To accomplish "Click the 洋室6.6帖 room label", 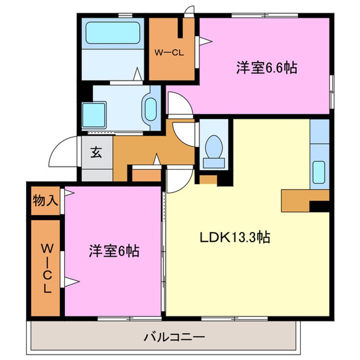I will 266,68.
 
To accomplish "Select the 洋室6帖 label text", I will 114,250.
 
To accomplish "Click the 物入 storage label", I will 45,201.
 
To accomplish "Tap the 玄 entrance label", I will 96,153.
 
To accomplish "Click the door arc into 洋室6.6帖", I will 178,103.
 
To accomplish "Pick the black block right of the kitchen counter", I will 319,204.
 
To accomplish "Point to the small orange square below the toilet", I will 208,178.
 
